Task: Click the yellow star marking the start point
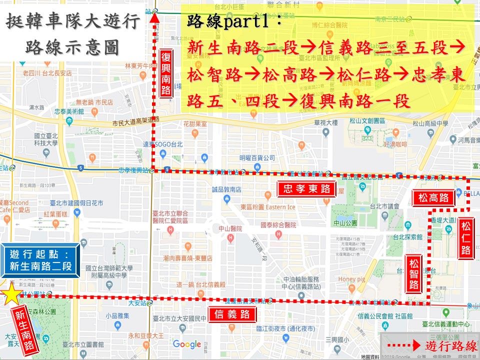pos(10,293)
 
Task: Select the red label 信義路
pos(232,314)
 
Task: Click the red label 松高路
pos(433,198)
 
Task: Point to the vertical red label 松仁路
pos(466,240)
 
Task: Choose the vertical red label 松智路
pos(413,274)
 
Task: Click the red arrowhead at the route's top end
pos(154,19)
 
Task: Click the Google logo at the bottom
pos(186,344)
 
